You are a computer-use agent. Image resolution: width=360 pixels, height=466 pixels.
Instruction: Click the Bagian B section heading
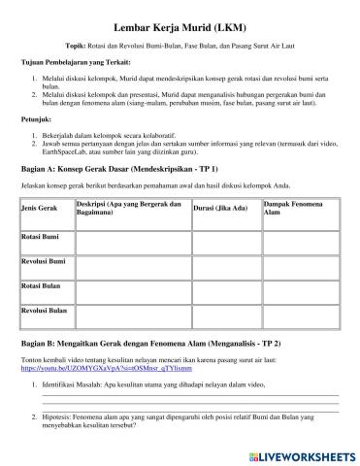click(151, 344)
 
